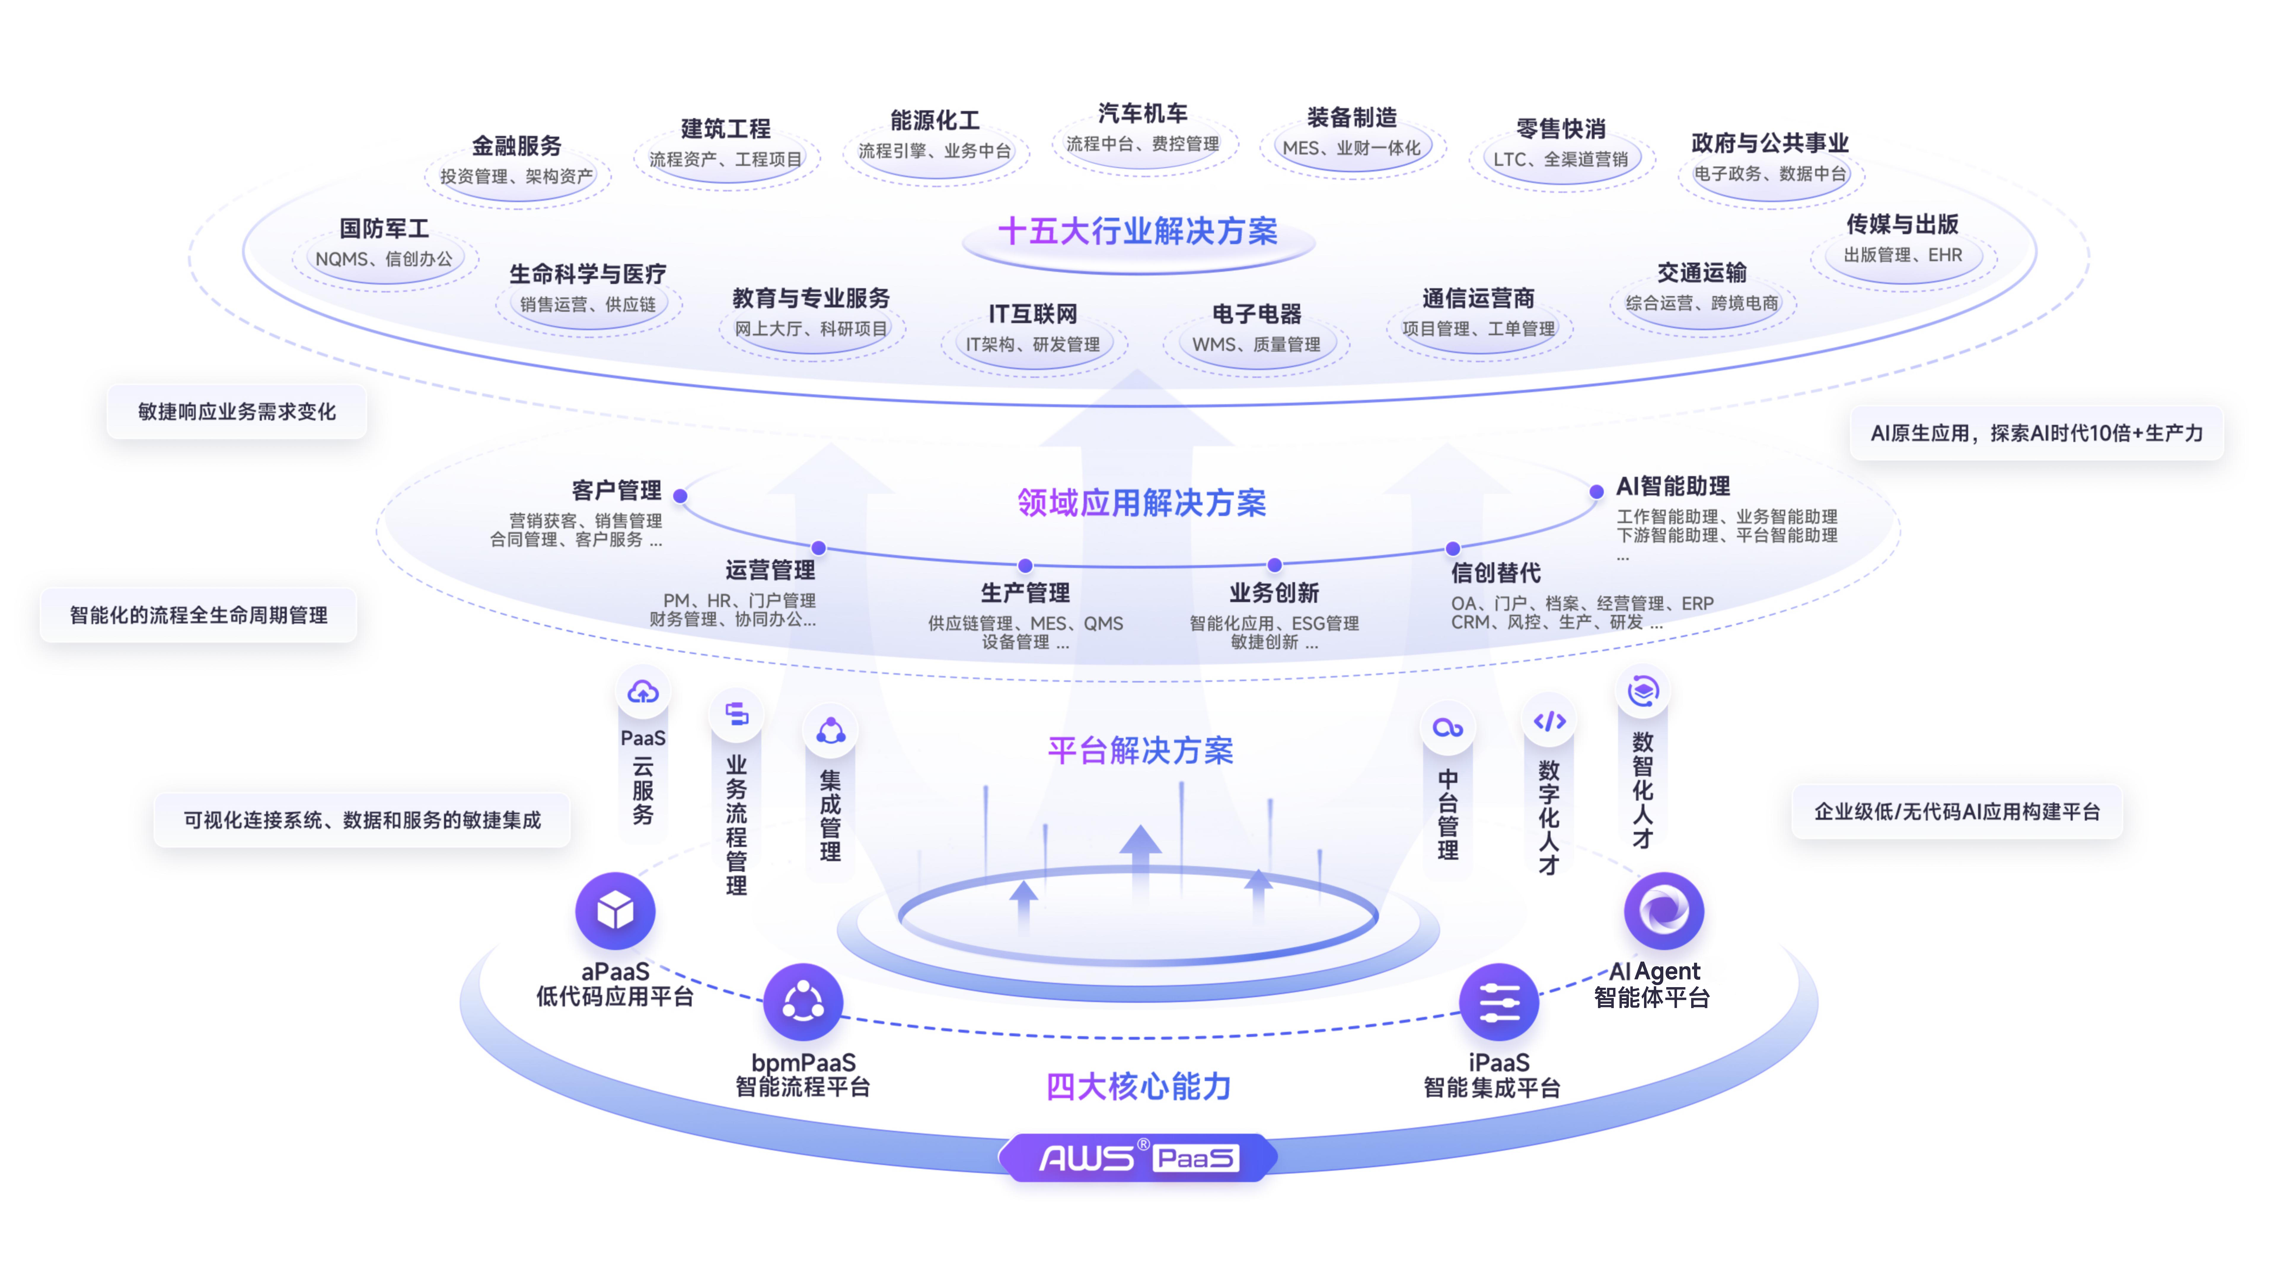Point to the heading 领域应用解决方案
(x=1141, y=503)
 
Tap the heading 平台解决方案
(x=1140, y=751)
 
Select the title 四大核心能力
(x=1138, y=1086)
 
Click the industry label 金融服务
(x=517, y=146)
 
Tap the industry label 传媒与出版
(x=1902, y=224)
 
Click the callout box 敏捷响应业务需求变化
(x=237, y=412)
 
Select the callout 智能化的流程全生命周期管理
(x=199, y=615)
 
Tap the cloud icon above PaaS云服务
(x=642, y=691)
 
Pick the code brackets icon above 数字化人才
(x=1549, y=721)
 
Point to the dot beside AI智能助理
(x=1596, y=492)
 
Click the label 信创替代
(x=1495, y=573)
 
